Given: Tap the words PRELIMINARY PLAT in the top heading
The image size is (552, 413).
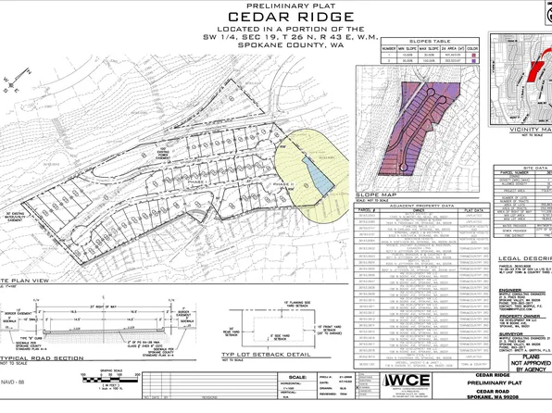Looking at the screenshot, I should pos(275,6).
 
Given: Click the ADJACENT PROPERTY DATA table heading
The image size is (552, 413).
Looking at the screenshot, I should pos(412,207).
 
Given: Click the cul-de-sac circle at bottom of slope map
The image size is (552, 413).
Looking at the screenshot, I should pos(406,167).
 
